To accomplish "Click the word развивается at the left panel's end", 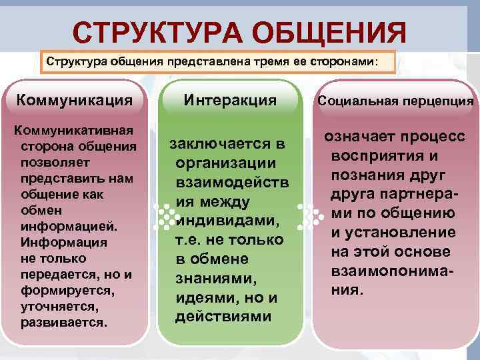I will click(63, 322).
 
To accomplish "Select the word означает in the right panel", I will click(361, 137).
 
